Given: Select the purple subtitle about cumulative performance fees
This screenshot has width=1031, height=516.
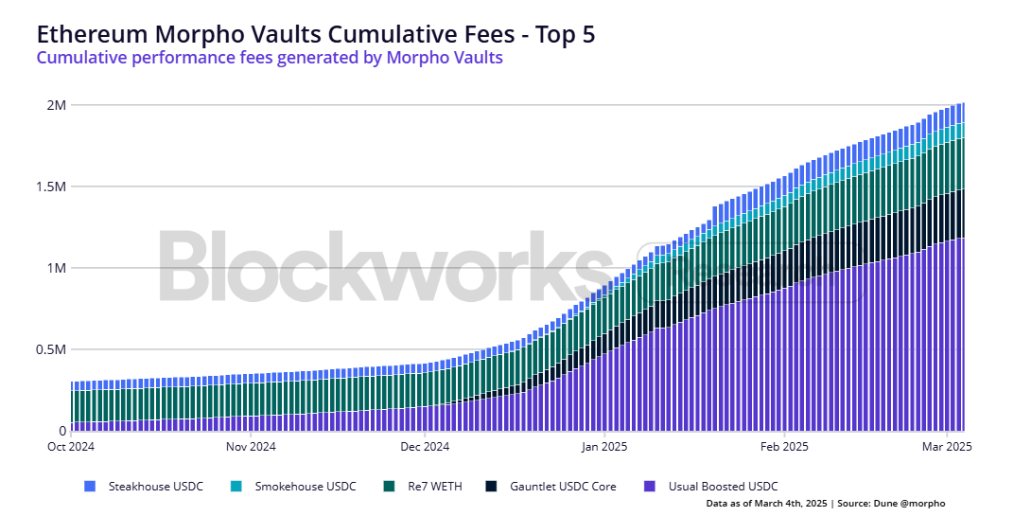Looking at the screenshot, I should [x=269, y=58].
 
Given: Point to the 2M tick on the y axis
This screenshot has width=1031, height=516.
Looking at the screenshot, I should [x=55, y=105].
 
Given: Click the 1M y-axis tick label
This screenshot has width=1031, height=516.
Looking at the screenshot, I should [x=55, y=268].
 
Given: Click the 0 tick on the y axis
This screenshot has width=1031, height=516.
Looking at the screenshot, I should [x=61, y=431].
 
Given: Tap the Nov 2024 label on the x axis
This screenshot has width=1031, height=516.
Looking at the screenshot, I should [x=251, y=446].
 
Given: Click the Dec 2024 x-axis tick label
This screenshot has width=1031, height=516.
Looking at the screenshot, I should [x=425, y=446].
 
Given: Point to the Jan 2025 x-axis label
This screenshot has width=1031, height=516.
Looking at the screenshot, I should [x=603, y=446].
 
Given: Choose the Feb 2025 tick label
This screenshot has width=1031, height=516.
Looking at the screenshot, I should [x=783, y=446].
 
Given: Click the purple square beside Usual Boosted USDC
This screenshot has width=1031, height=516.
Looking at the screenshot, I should [x=648, y=487].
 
